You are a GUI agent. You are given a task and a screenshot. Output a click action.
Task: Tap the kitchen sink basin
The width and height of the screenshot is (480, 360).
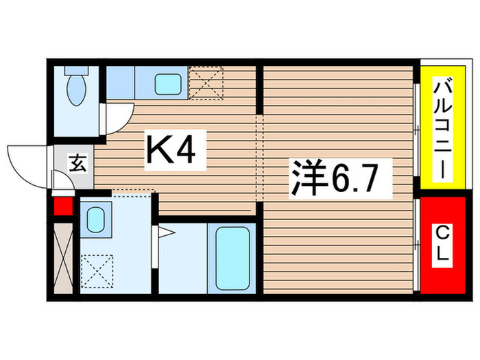(x=167, y=84)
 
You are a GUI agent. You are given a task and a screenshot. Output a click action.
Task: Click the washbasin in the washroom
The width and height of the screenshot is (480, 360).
(x=95, y=223)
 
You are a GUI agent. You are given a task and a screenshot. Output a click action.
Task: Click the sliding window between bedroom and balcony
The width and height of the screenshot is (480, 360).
(x=417, y=130)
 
